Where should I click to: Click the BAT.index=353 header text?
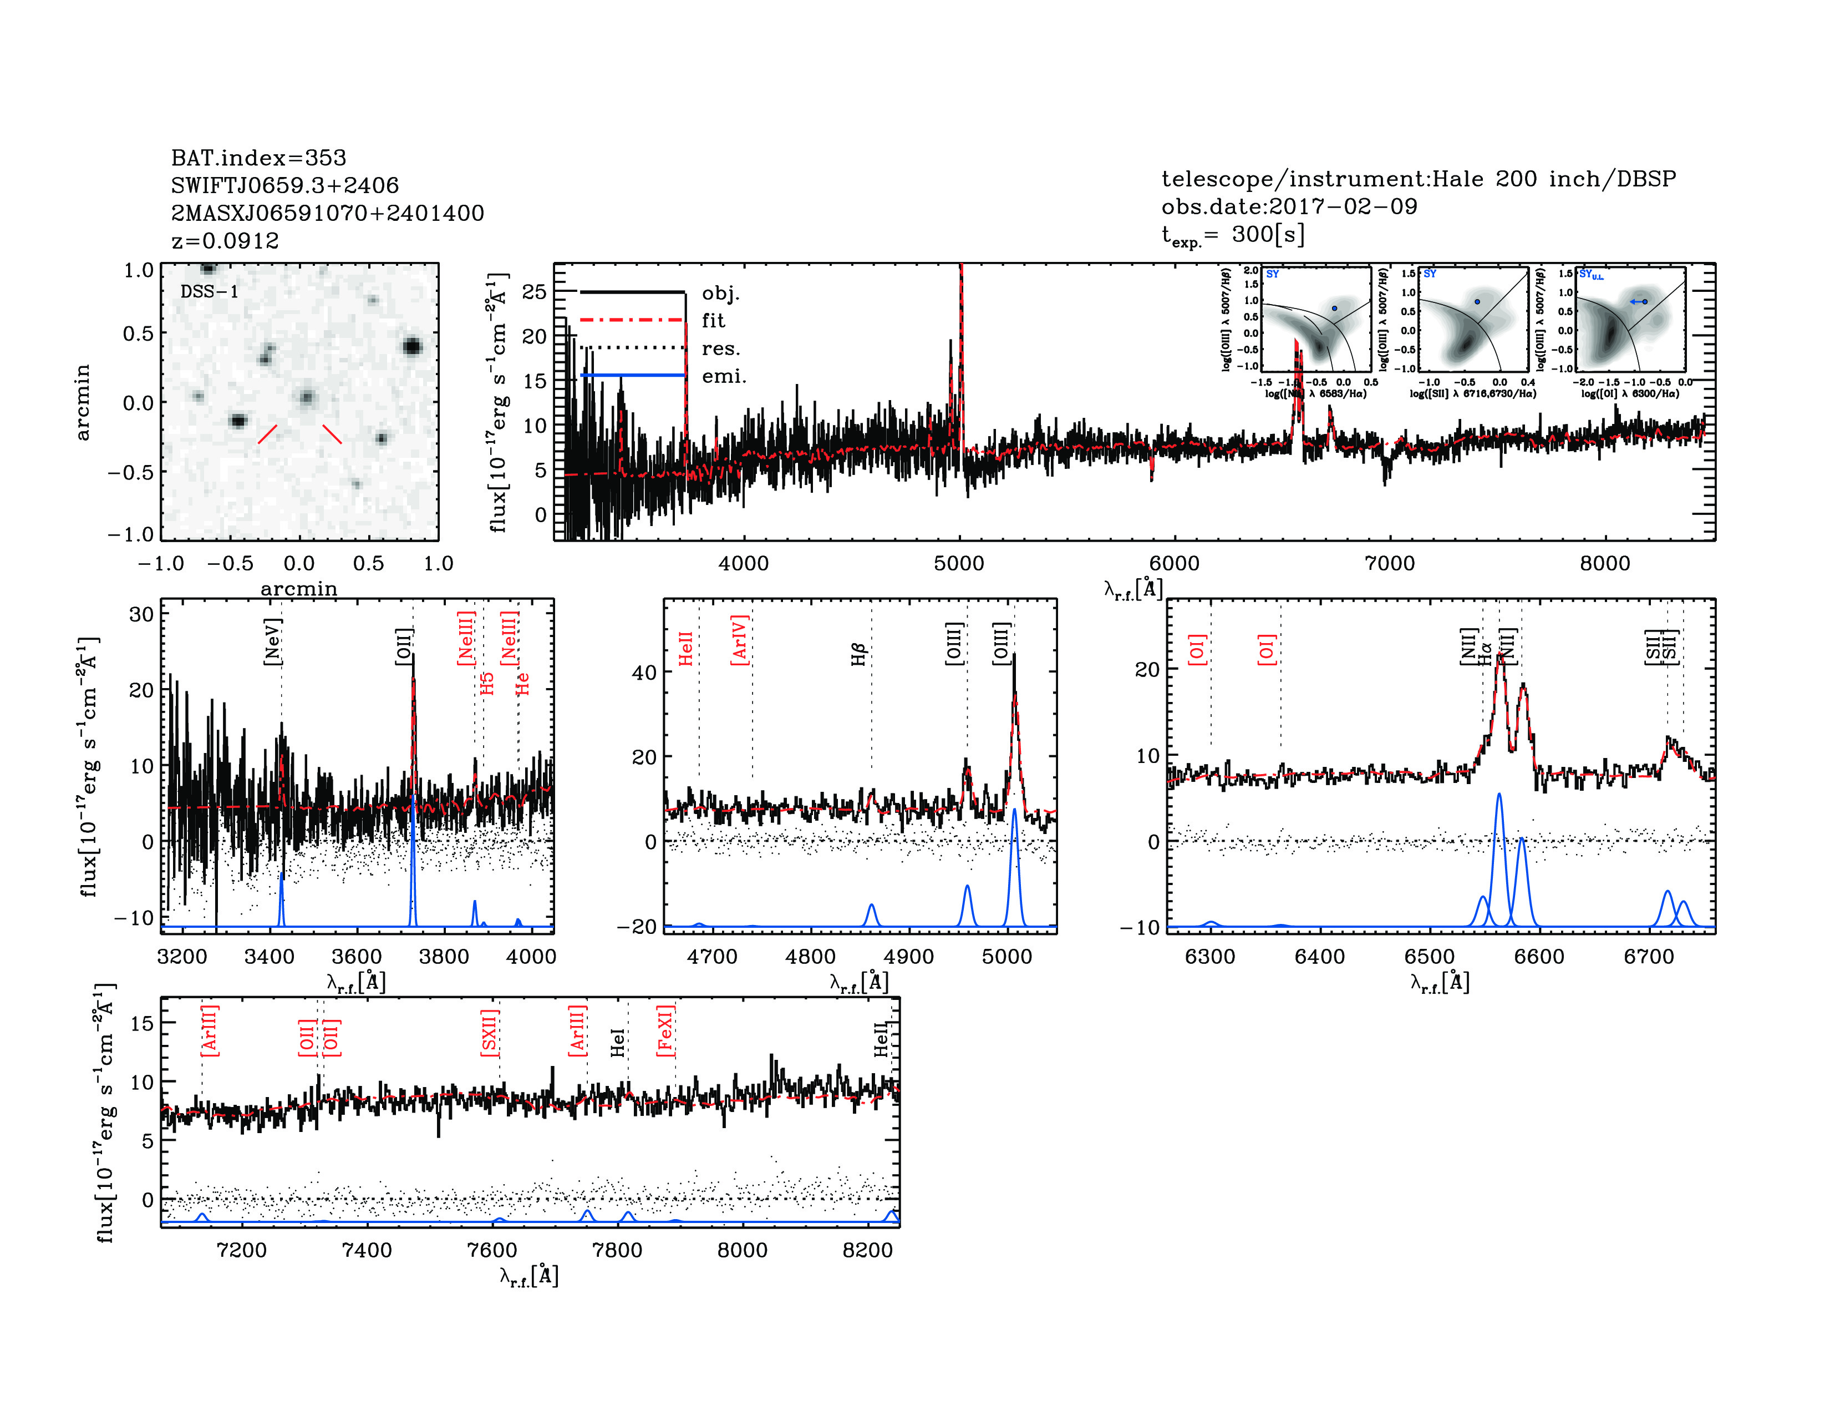pos(258,158)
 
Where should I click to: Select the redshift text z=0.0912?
pos(225,241)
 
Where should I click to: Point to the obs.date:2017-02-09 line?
pos(1289,206)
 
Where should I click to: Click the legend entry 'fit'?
pos(713,320)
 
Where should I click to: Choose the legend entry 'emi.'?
pos(723,376)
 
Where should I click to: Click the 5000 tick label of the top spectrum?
pos(959,563)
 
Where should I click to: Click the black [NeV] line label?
pos(272,642)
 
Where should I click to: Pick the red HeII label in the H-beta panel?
pos(685,649)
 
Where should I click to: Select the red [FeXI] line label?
pos(665,1030)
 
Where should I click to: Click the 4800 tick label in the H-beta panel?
pos(810,957)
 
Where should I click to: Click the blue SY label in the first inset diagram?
pos(1272,274)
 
